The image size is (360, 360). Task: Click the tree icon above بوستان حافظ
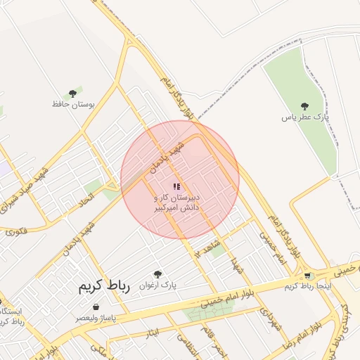tap(72, 94)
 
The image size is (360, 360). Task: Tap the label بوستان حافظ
tap(73, 104)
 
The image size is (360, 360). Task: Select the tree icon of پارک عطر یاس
tap(304, 106)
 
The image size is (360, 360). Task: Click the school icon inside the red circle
tap(176, 187)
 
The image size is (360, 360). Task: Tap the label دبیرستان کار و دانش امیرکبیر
tap(177, 203)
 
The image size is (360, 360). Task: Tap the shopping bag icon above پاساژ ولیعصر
tap(96, 307)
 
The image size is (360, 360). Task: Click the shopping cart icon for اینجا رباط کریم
tap(307, 276)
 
